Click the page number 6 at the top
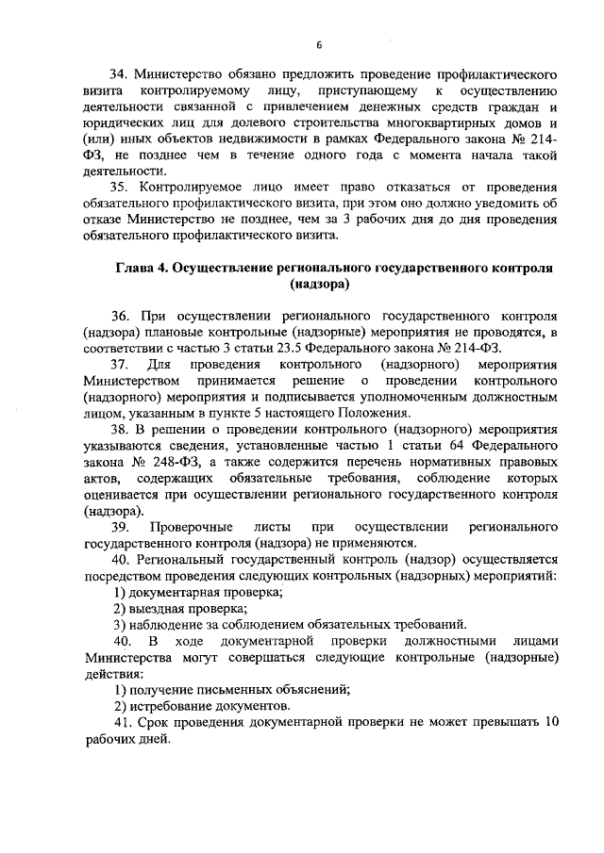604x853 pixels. tap(319, 45)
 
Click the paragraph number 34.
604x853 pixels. tap(119, 73)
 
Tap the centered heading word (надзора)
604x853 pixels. tap(320, 284)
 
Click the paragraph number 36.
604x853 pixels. tap(119, 316)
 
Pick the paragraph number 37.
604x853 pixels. tap(119, 364)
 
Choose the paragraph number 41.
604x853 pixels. tap(119, 722)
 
